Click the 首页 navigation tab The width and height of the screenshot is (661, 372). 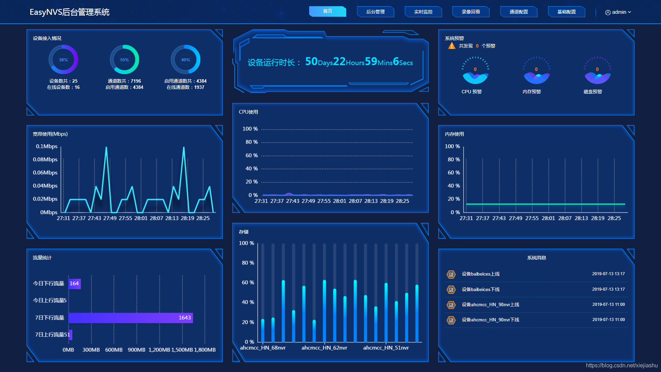[327, 11]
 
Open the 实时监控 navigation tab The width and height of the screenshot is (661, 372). [423, 12]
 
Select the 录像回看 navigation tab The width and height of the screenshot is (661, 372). [471, 12]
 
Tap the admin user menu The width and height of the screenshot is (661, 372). [618, 12]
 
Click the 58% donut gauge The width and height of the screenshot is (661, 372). [63, 60]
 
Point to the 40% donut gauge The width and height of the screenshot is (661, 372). [186, 60]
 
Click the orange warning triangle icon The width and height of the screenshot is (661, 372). [452, 46]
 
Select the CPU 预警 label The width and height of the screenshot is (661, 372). [472, 92]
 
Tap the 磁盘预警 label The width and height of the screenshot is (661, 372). [593, 92]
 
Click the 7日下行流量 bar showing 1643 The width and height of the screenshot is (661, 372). [130, 318]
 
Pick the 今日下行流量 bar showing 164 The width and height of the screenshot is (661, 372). [74, 283]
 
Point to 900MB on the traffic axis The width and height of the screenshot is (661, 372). [137, 350]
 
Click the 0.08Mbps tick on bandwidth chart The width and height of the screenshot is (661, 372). [45, 159]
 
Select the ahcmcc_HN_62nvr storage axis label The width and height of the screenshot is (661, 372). [324, 348]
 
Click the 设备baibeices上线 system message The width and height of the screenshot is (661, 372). [481, 274]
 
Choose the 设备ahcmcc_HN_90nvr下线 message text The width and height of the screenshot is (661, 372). [490, 320]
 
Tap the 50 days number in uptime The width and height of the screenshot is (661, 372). [311, 61]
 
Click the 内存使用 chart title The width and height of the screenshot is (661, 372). [454, 134]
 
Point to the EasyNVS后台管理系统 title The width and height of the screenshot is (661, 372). [70, 12]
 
